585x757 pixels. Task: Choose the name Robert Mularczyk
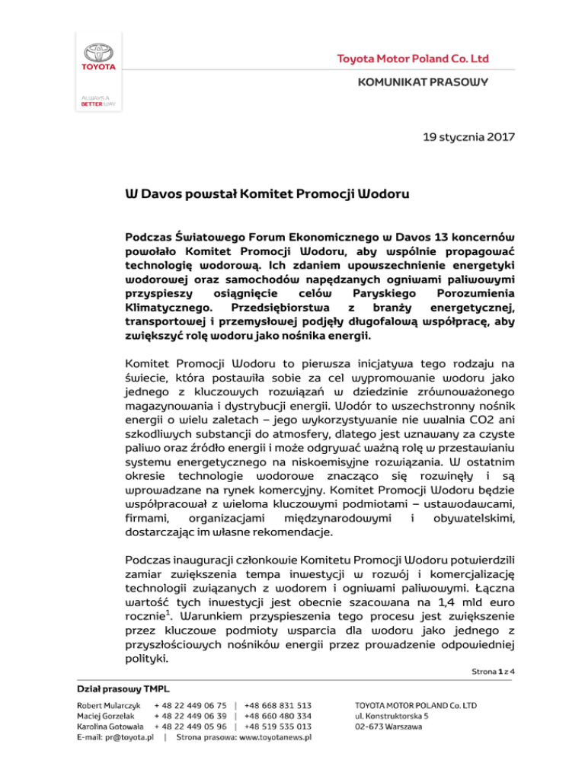(x=107, y=705)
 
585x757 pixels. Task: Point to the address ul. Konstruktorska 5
(x=398, y=716)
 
